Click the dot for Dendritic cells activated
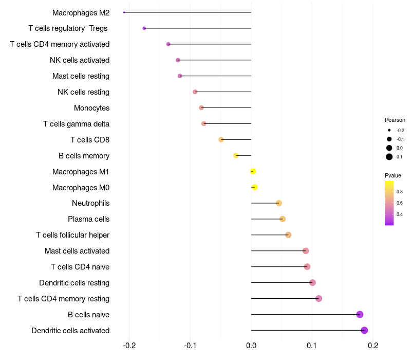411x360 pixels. pyautogui.click(x=364, y=330)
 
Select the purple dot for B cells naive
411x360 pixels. pyautogui.click(x=360, y=314)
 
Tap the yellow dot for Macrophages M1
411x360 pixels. pyautogui.click(x=253, y=171)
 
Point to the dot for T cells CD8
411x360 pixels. pyautogui.click(x=221, y=139)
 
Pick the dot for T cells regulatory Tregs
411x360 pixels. pyautogui.click(x=144, y=28)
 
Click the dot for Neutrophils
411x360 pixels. pyautogui.click(x=279, y=203)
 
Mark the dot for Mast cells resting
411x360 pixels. pyautogui.click(x=180, y=76)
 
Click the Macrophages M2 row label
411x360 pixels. pyautogui.click(x=81, y=12)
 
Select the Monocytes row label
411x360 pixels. pyautogui.click(x=91, y=108)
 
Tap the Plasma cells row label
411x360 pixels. pyautogui.click(x=88, y=219)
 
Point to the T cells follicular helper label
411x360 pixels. pyautogui.click(x=72, y=235)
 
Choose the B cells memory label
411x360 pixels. pyautogui.click(x=84, y=155)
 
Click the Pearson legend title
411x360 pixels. pyautogui.click(x=395, y=120)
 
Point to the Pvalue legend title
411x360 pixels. pyautogui.click(x=393, y=175)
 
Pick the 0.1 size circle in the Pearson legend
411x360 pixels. pyautogui.click(x=389, y=157)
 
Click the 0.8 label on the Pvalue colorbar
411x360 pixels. pyautogui.click(x=400, y=191)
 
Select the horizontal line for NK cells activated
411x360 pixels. pyautogui.click(x=216, y=60)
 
